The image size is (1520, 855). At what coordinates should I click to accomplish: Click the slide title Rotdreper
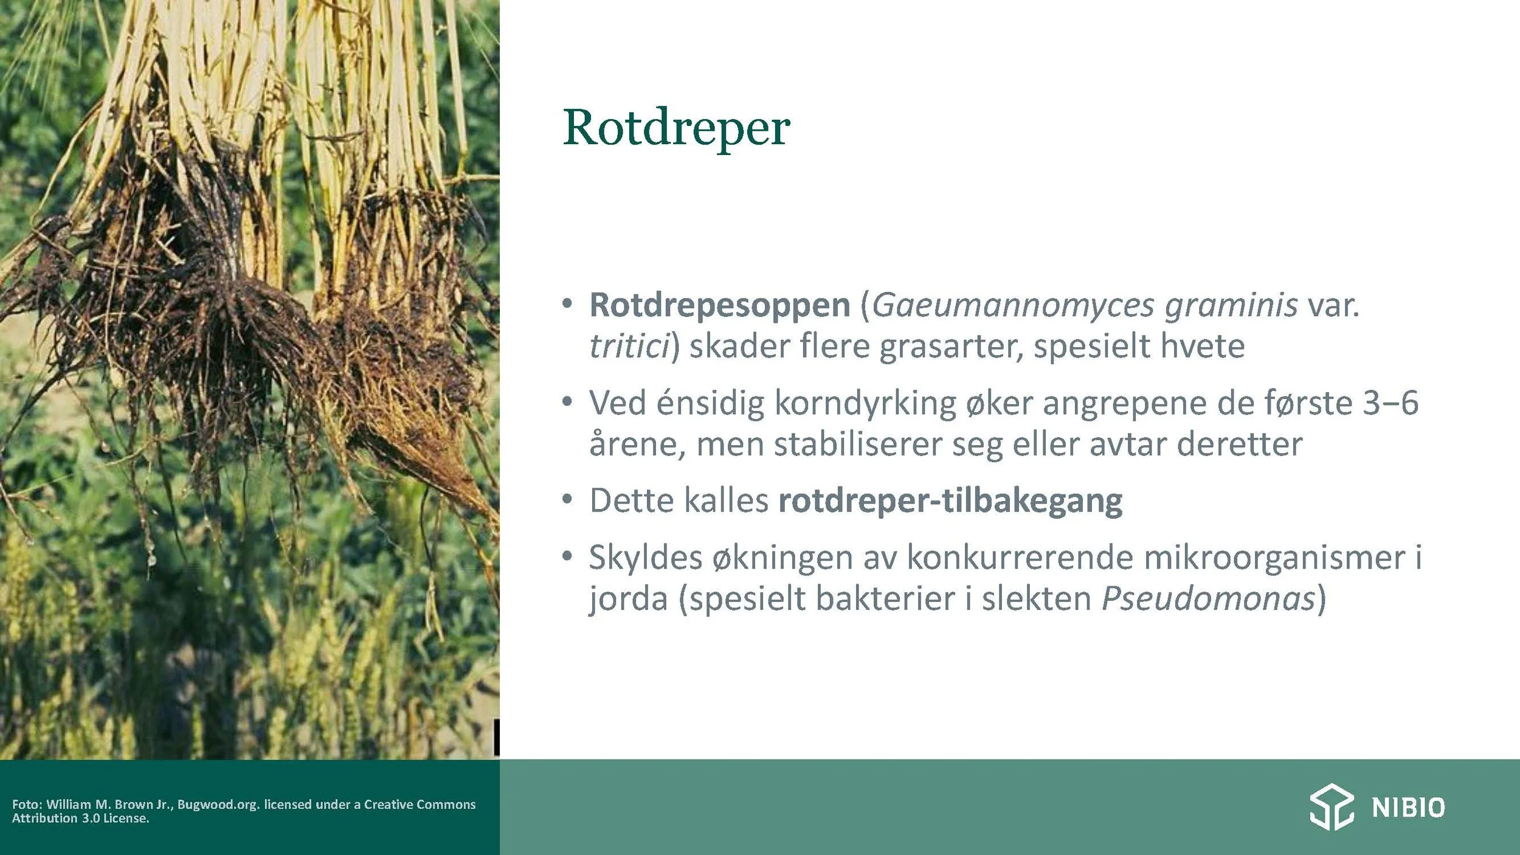[x=676, y=128]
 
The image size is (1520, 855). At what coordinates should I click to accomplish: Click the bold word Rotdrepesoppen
[x=720, y=305]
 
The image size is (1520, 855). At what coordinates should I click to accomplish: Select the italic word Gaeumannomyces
[x=1013, y=305]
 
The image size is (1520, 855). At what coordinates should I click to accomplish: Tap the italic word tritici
[x=629, y=346]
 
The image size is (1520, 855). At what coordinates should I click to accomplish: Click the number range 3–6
[x=1390, y=403]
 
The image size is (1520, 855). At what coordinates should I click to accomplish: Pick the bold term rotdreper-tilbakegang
[x=950, y=501]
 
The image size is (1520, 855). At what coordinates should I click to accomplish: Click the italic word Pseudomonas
[x=1209, y=598]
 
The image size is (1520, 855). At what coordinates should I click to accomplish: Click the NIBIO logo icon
[x=1332, y=807]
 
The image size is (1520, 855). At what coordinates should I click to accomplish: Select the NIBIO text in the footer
[x=1408, y=808]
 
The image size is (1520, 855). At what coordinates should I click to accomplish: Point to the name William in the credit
[x=68, y=804]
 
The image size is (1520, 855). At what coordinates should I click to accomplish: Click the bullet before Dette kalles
[x=567, y=500]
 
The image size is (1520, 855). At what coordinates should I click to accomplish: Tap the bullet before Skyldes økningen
[x=567, y=556]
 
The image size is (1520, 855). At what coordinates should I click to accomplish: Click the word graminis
[x=1231, y=305]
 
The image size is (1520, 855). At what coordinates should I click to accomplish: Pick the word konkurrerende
[x=1020, y=558]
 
